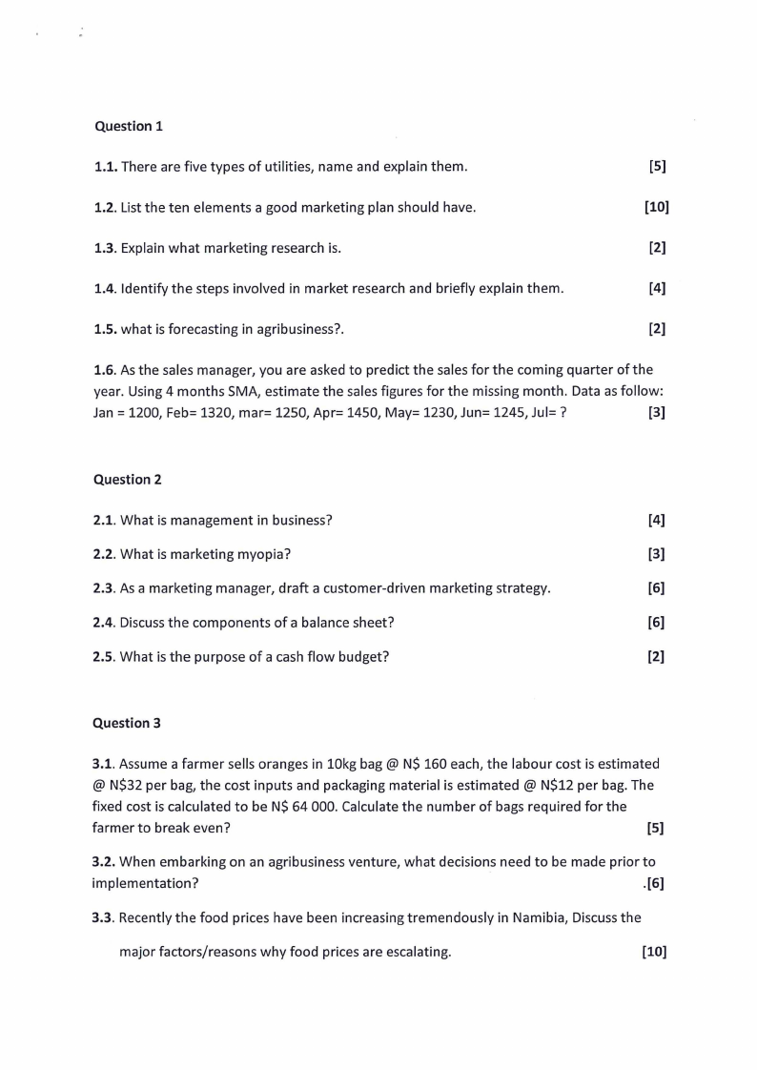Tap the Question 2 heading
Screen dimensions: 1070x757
(128, 480)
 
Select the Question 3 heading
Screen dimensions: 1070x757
(127, 723)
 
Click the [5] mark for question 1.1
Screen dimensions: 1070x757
(657, 167)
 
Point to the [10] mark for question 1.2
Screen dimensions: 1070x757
(657, 207)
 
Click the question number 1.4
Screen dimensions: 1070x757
(105, 288)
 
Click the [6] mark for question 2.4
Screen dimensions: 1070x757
(656, 623)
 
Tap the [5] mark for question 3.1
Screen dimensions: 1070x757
(655, 828)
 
